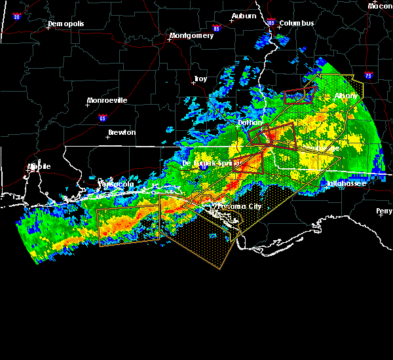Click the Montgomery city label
[191, 35]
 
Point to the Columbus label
[297, 23]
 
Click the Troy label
[200, 79]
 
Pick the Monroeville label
[109, 100]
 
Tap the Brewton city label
[122, 132]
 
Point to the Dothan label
[250, 122]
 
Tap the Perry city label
[384, 211]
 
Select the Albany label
[346, 96]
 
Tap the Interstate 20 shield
[17, 16]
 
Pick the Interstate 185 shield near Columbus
[271, 23]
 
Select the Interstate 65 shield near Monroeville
[102, 118]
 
